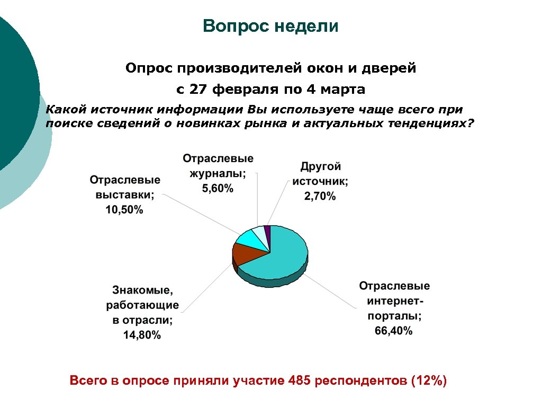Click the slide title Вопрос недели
(x=270, y=26)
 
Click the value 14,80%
(x=142, y=335)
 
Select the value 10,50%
(x=124, y=210)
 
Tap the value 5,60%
(x=218, y=189)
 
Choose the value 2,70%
(x=320, y=197)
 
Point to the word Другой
(x=321, y=166)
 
